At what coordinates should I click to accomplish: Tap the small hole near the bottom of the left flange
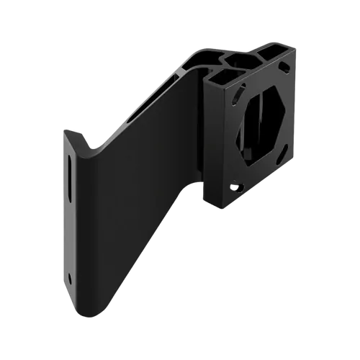click(70, 278)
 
